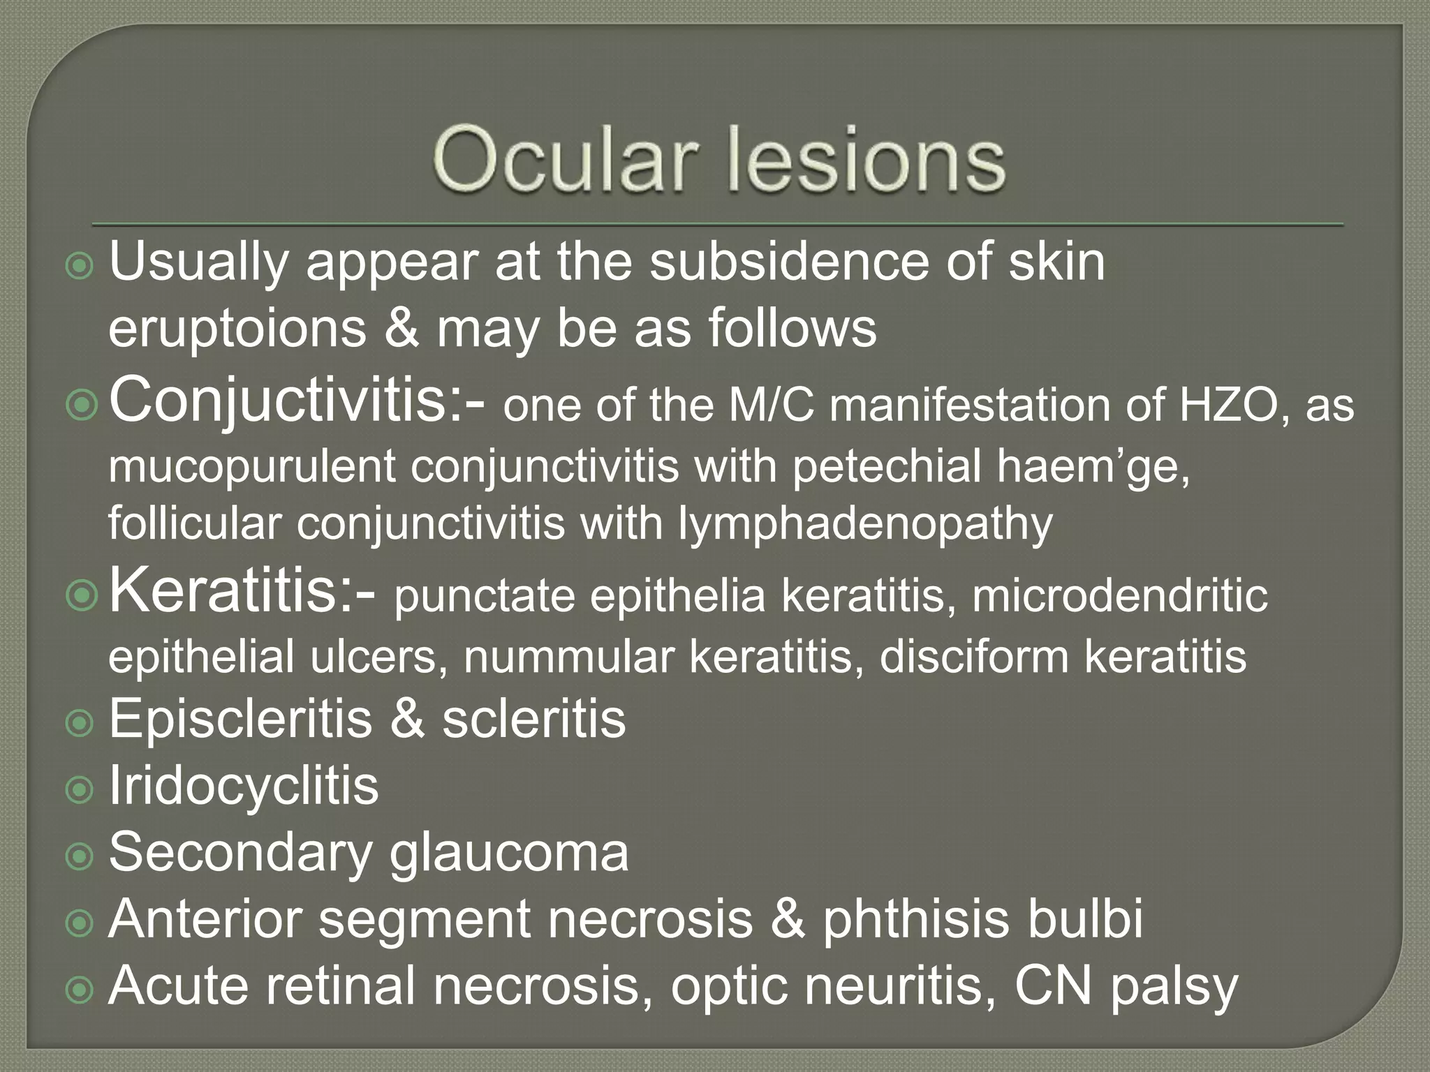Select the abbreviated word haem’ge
click(1093, 466)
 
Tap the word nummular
click(568, 657)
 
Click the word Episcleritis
click(240, 719)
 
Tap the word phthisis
click(915, 918)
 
